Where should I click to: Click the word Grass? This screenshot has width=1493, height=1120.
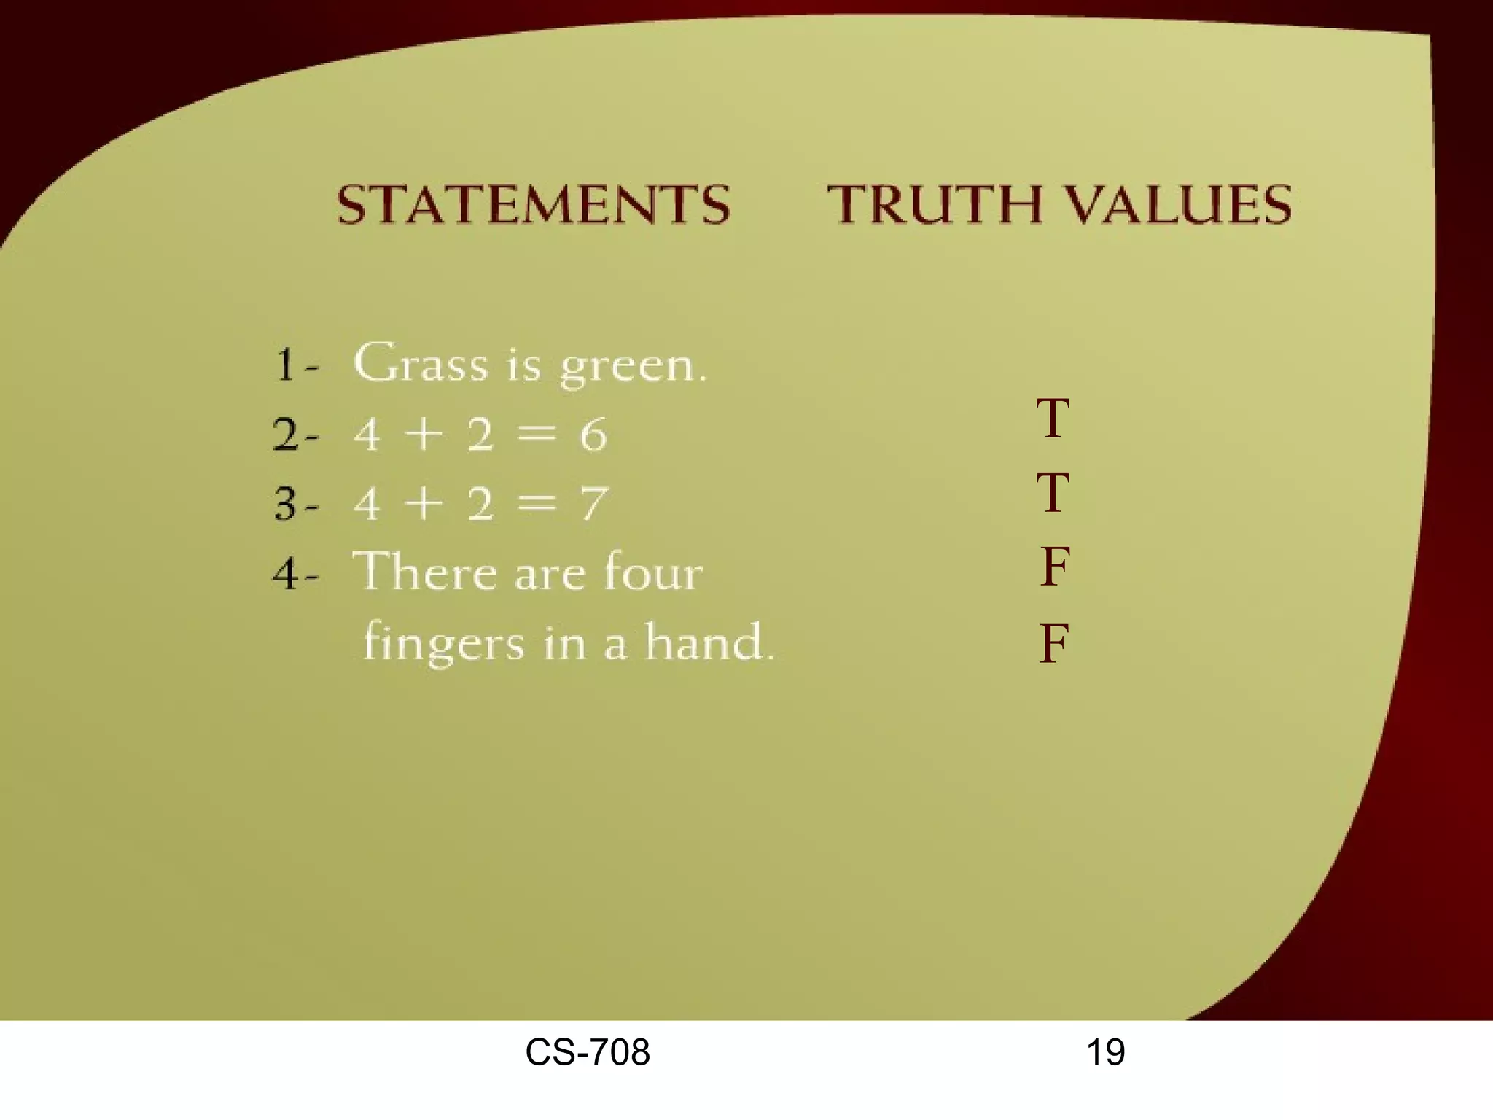point(421,362)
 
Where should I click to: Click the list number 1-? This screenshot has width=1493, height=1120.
point(296,365)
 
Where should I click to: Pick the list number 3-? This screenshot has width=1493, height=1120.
point(296,504)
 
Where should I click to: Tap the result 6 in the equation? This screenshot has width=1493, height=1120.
point(593,435)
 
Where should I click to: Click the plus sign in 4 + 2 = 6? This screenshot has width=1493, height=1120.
point(424,435)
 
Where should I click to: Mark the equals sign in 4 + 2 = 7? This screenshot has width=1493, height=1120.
point(537,502)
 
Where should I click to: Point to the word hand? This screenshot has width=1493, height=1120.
point(708,642)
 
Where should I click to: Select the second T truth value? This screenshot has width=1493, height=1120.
point(1053,493)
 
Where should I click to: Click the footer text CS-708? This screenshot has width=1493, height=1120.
point(588,1052)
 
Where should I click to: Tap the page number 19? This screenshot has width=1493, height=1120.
point(1105,1052)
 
